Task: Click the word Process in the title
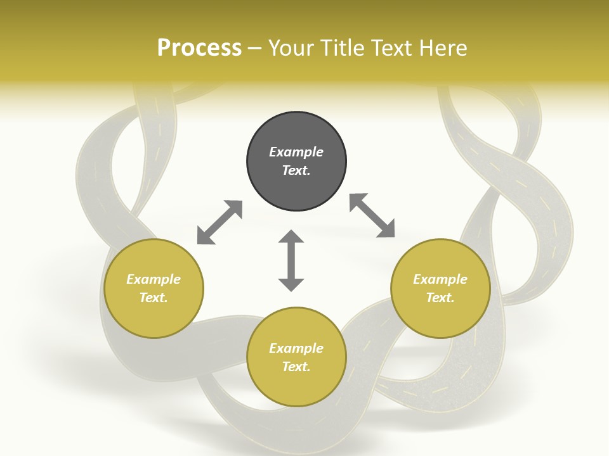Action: coord(199,48)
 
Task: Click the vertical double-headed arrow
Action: coord(291,261)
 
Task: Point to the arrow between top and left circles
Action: coord(219,222)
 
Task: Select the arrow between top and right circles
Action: coord(372,216)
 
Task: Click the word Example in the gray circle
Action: coord(296,152)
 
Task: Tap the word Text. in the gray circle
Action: coord(296,170)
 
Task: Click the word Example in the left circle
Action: coord(154,279)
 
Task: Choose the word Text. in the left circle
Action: coord(154,298)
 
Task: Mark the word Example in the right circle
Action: coord(440,279)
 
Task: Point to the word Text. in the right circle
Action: coord(440,298)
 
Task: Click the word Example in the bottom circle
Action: coord(296,348)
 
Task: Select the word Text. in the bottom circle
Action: coord(296,367)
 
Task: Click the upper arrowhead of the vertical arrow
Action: coord(291,237)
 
